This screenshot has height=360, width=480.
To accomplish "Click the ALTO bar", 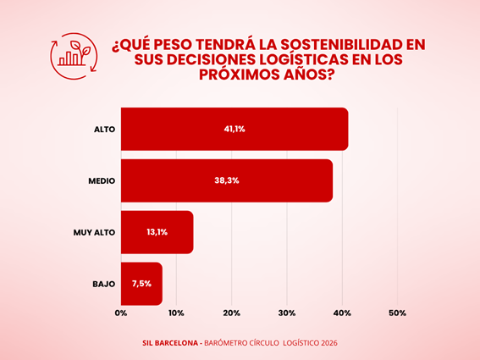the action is pyautogui.click(x=234, y=129).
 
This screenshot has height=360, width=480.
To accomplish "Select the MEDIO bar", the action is pyautogui.click(x=227, y=180).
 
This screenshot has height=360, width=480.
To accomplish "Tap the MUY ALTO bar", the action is pyautogui.click(x=157, y=232).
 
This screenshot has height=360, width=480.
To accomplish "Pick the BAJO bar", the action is pyautogui.click(x=141, y=284).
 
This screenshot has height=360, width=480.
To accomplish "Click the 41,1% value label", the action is pyautogui.click(x=234, y=129).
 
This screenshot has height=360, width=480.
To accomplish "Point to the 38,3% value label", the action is pyautogui.click(x=227, y=180).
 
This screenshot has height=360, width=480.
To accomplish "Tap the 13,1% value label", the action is pyautogui.click(x=157, y=232).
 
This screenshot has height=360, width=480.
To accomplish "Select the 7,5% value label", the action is pyautogui.click(x=141, y=284).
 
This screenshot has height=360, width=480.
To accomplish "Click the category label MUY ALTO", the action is pyautogui.click(x=94, y=233).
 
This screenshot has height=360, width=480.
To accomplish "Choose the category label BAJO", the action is pyautogui.click(x=104, y=284).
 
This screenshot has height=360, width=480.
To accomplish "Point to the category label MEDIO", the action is pyautogui.click(x=102, y=180).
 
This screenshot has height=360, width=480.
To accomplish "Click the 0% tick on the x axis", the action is pyautogui.click(x=121, y=313).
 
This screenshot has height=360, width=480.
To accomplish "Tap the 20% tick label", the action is pyautogui.click(x=232, y=313).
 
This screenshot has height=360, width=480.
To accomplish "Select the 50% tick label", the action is pyautogui.click(x=398, y=313).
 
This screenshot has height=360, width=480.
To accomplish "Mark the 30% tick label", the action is pyautogui.click(x=287, y=313).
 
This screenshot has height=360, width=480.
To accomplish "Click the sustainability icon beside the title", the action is pyautogui.click(x=74, y=56).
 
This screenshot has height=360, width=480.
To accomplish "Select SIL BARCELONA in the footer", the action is pyautogui.click(x=170, y=343).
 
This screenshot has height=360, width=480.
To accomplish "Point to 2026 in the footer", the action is pyautogui.click(x=329, y=343).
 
